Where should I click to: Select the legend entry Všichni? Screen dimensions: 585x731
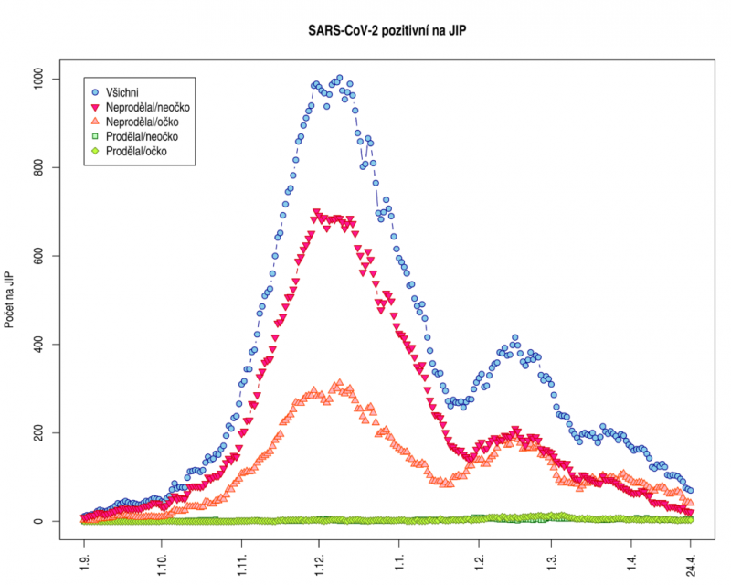pos(127,91)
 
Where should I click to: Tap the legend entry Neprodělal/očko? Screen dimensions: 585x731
pos(142,122)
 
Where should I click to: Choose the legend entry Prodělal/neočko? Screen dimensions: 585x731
pos(141,136)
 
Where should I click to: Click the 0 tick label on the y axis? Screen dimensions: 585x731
pos(46,521)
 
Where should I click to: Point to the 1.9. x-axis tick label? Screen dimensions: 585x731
pos(84,558)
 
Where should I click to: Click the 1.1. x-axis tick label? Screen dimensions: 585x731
pos(398,558)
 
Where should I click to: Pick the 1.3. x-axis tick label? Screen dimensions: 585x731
pos(551,558)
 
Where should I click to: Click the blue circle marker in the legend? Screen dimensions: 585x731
pos(95,91)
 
